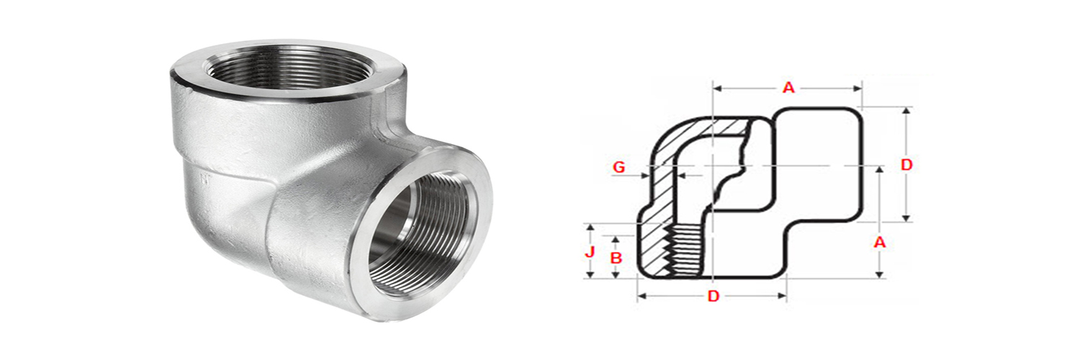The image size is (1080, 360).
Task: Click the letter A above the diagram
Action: [x=788, y=88]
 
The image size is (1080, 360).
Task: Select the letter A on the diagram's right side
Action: [x=879, y=243]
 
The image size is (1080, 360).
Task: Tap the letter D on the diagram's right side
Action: [x=906, y=165]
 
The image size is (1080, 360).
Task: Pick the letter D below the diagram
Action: [x=713, y=296]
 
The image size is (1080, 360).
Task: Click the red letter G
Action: [x=618, y=167]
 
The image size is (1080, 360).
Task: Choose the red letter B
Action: [x=615, y=257]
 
